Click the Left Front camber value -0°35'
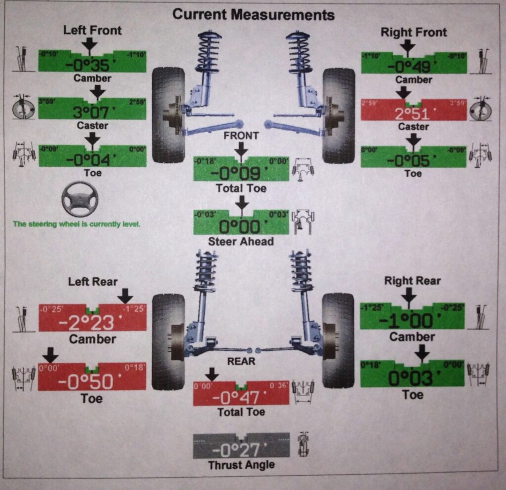click(x=92, y=65)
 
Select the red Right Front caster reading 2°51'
click(x=413, y=113)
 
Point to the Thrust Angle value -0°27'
click(x=240, y=450)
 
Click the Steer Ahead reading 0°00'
click(x=240, y=227)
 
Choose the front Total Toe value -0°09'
click(x=240, y=173)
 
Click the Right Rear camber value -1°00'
click(x=412, y=321)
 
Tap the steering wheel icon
click(x=80, y=199)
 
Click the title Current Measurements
click(x=253, y=15)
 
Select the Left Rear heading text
click(x=93, y=282)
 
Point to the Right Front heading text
click(x=414, y=33)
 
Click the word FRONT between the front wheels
click(x=242, y=136)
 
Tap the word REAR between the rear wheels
click(x=241, y=361)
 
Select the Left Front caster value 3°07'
click(x=92, y=113)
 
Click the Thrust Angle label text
click(x=241, y=465)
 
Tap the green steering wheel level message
click(x=77, y=224)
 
